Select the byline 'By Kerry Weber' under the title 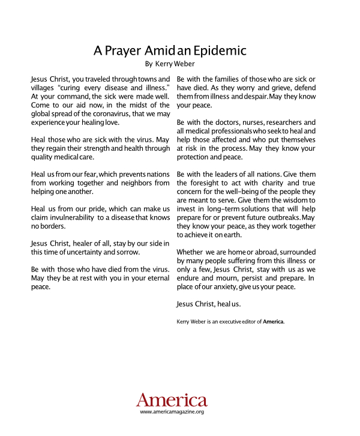170,63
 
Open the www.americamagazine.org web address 172,412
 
